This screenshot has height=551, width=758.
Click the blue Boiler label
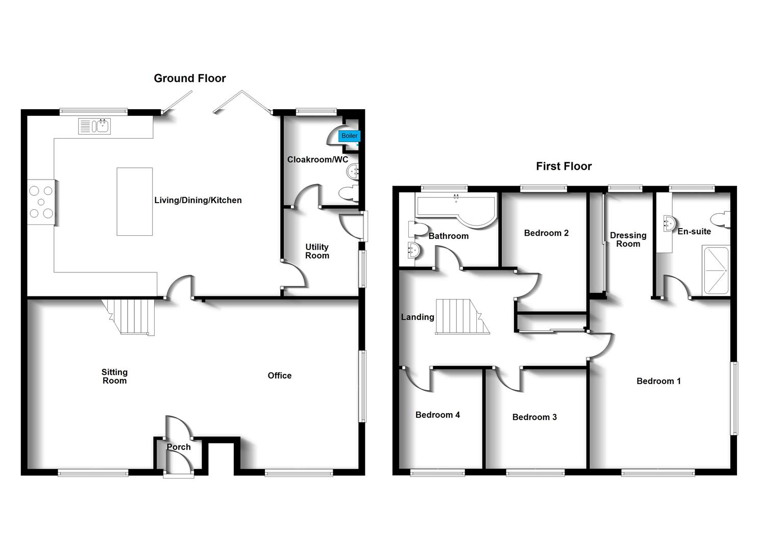coord(349,136)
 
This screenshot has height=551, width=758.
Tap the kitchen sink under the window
coord(94,126)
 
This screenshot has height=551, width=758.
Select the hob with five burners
coord(41,202)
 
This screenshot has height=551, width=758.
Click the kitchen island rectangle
coord(135,202)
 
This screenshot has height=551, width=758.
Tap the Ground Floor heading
coord(190,79)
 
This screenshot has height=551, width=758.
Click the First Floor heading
coord(564,166)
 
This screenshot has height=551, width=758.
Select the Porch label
coord(179,447)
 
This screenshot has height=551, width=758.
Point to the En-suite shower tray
coord(716,270)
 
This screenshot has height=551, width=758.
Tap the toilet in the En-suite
coord(720,219)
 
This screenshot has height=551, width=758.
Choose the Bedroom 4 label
coord(437,415)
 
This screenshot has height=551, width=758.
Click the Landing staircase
coord(462,317)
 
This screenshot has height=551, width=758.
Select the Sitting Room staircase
coord(129,317)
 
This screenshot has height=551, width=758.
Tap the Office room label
coord(280,375)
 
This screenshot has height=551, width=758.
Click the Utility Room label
coord(317,252)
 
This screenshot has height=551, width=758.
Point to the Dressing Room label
coord(628,239)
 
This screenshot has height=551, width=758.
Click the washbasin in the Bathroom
coord(413,251)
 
